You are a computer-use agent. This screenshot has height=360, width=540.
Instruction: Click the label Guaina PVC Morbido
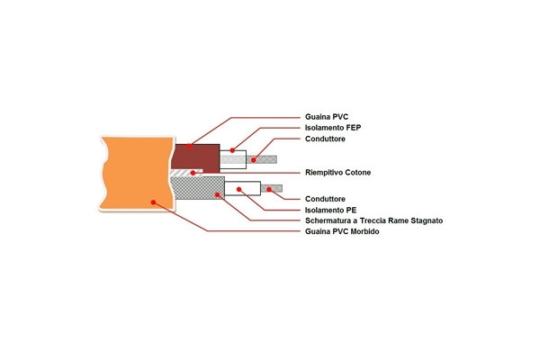tap(343, 231)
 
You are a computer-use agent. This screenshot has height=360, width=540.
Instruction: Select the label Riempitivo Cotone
tap(338, 172)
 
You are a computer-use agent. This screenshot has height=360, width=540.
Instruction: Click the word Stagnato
tap(422, 220)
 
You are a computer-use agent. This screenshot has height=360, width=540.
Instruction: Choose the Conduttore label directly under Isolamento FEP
tap(325, 139)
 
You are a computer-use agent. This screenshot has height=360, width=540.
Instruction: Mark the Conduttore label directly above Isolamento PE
tap(325, 198)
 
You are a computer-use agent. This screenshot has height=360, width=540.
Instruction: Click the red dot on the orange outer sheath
tap(154, 202)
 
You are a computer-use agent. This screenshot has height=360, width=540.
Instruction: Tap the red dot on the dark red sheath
tap(189, 146)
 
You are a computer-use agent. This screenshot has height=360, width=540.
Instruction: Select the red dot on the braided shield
tap(217, 193)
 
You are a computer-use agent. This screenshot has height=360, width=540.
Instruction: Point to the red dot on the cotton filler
tap(192, 172)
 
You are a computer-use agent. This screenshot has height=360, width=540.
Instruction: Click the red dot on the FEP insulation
tap(232, 149)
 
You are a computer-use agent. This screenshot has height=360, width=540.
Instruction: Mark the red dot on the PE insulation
tap(238, 189)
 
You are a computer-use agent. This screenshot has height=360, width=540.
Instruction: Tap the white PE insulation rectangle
tap(248, 189)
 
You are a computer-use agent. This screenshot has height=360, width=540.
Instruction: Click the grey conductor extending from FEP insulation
tap(263, 159)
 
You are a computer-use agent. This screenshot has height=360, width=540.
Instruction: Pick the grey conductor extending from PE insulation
tap(273, 189)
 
